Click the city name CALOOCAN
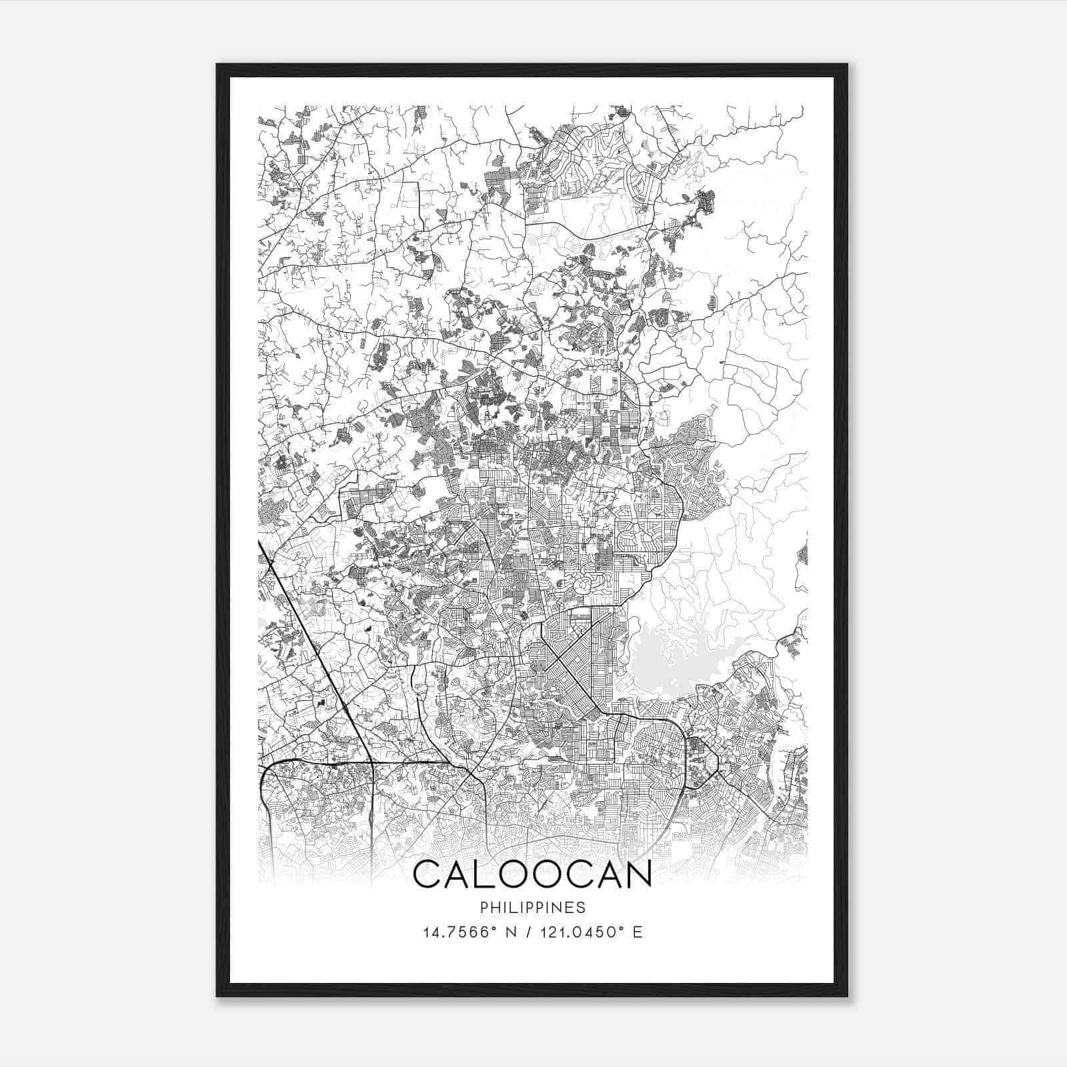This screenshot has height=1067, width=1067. (532, 874)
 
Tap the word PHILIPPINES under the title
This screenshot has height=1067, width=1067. (532, 908)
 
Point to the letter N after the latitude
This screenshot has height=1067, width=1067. (511, 932)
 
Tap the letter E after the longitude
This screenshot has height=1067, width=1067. (638, 932)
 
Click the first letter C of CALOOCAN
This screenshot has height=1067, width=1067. (430, 874)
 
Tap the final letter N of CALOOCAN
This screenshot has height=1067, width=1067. (636, 874)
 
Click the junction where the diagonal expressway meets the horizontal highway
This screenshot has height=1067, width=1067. (371, 761)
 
